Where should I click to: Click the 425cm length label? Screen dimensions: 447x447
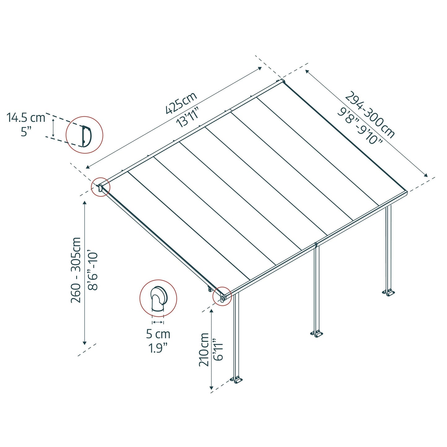(x=181, y=103)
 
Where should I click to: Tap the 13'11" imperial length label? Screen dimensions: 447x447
(x=187, y=117)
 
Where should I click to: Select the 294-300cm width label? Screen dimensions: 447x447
(x=370, y=115)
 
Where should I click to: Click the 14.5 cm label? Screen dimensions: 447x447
(x=26, y=118)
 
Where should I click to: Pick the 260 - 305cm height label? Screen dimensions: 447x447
(x=76, y=270)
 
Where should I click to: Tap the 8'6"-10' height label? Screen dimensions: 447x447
(x=92, y=270)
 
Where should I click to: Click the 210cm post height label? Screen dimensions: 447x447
(x=204, y=350)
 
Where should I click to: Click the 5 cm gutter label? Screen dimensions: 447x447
(x=158, y=334)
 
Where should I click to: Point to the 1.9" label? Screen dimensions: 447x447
(x=158, y=348)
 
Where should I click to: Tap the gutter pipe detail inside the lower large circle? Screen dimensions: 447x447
(x=158, y=299)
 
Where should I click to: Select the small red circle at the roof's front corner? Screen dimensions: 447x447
(x=222, y=296)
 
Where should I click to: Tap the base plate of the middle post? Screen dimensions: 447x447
(x=317, y=334)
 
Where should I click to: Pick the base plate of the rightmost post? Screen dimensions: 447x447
(x=388, y=292)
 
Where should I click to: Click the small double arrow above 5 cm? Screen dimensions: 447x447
(x=158, y=322)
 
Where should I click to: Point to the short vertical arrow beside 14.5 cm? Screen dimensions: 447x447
(x=53, y=128)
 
